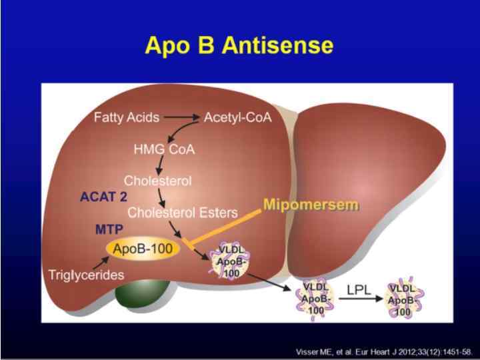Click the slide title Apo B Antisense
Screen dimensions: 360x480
pos(239,45)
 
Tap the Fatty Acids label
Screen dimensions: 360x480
pos(127,118)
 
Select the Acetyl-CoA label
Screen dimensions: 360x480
pos(238,118)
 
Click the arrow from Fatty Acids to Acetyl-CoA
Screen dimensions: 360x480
pos(182,118)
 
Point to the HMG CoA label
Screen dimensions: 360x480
pos(165,149)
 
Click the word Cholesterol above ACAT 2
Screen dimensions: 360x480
pos(158,181)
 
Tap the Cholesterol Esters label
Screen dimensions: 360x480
pos(183,213)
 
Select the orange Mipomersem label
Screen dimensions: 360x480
pos(311,204)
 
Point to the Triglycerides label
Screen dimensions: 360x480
pos(87,275)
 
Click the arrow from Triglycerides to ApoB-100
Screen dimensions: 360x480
pos(101,261)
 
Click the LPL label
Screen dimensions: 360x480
pos(357,290)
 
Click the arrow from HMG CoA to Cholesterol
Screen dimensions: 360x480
pos(159,164)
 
